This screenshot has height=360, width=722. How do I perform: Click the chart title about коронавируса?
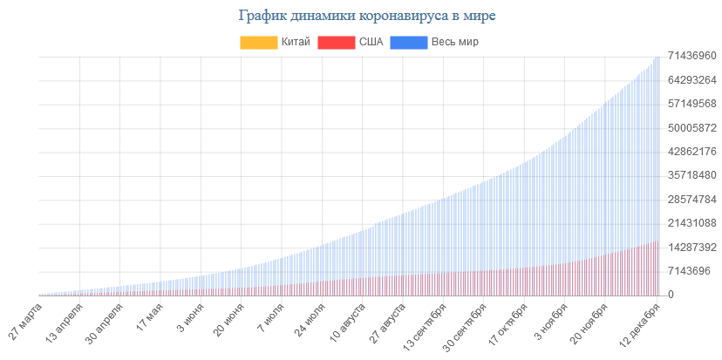360,16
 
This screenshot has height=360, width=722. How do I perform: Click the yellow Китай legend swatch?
258,42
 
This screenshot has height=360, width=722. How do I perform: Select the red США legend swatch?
337,42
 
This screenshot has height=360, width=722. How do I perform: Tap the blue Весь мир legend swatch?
408,42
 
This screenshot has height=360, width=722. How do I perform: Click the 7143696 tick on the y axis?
688,271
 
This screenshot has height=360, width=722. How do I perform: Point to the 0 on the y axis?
671,295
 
